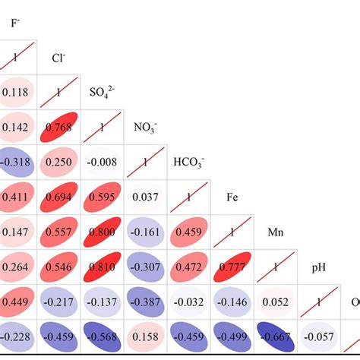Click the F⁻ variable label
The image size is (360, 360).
[x=14, y=23]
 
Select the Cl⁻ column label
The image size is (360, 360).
[x=57, y=58]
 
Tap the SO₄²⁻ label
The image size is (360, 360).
[x=103, y=93]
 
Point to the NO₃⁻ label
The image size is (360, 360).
[x=144, y=128]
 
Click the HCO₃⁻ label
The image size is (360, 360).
[x=188, y=163]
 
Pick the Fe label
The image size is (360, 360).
[x=233, y=197]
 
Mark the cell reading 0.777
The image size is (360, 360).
[x=232, y=267]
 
